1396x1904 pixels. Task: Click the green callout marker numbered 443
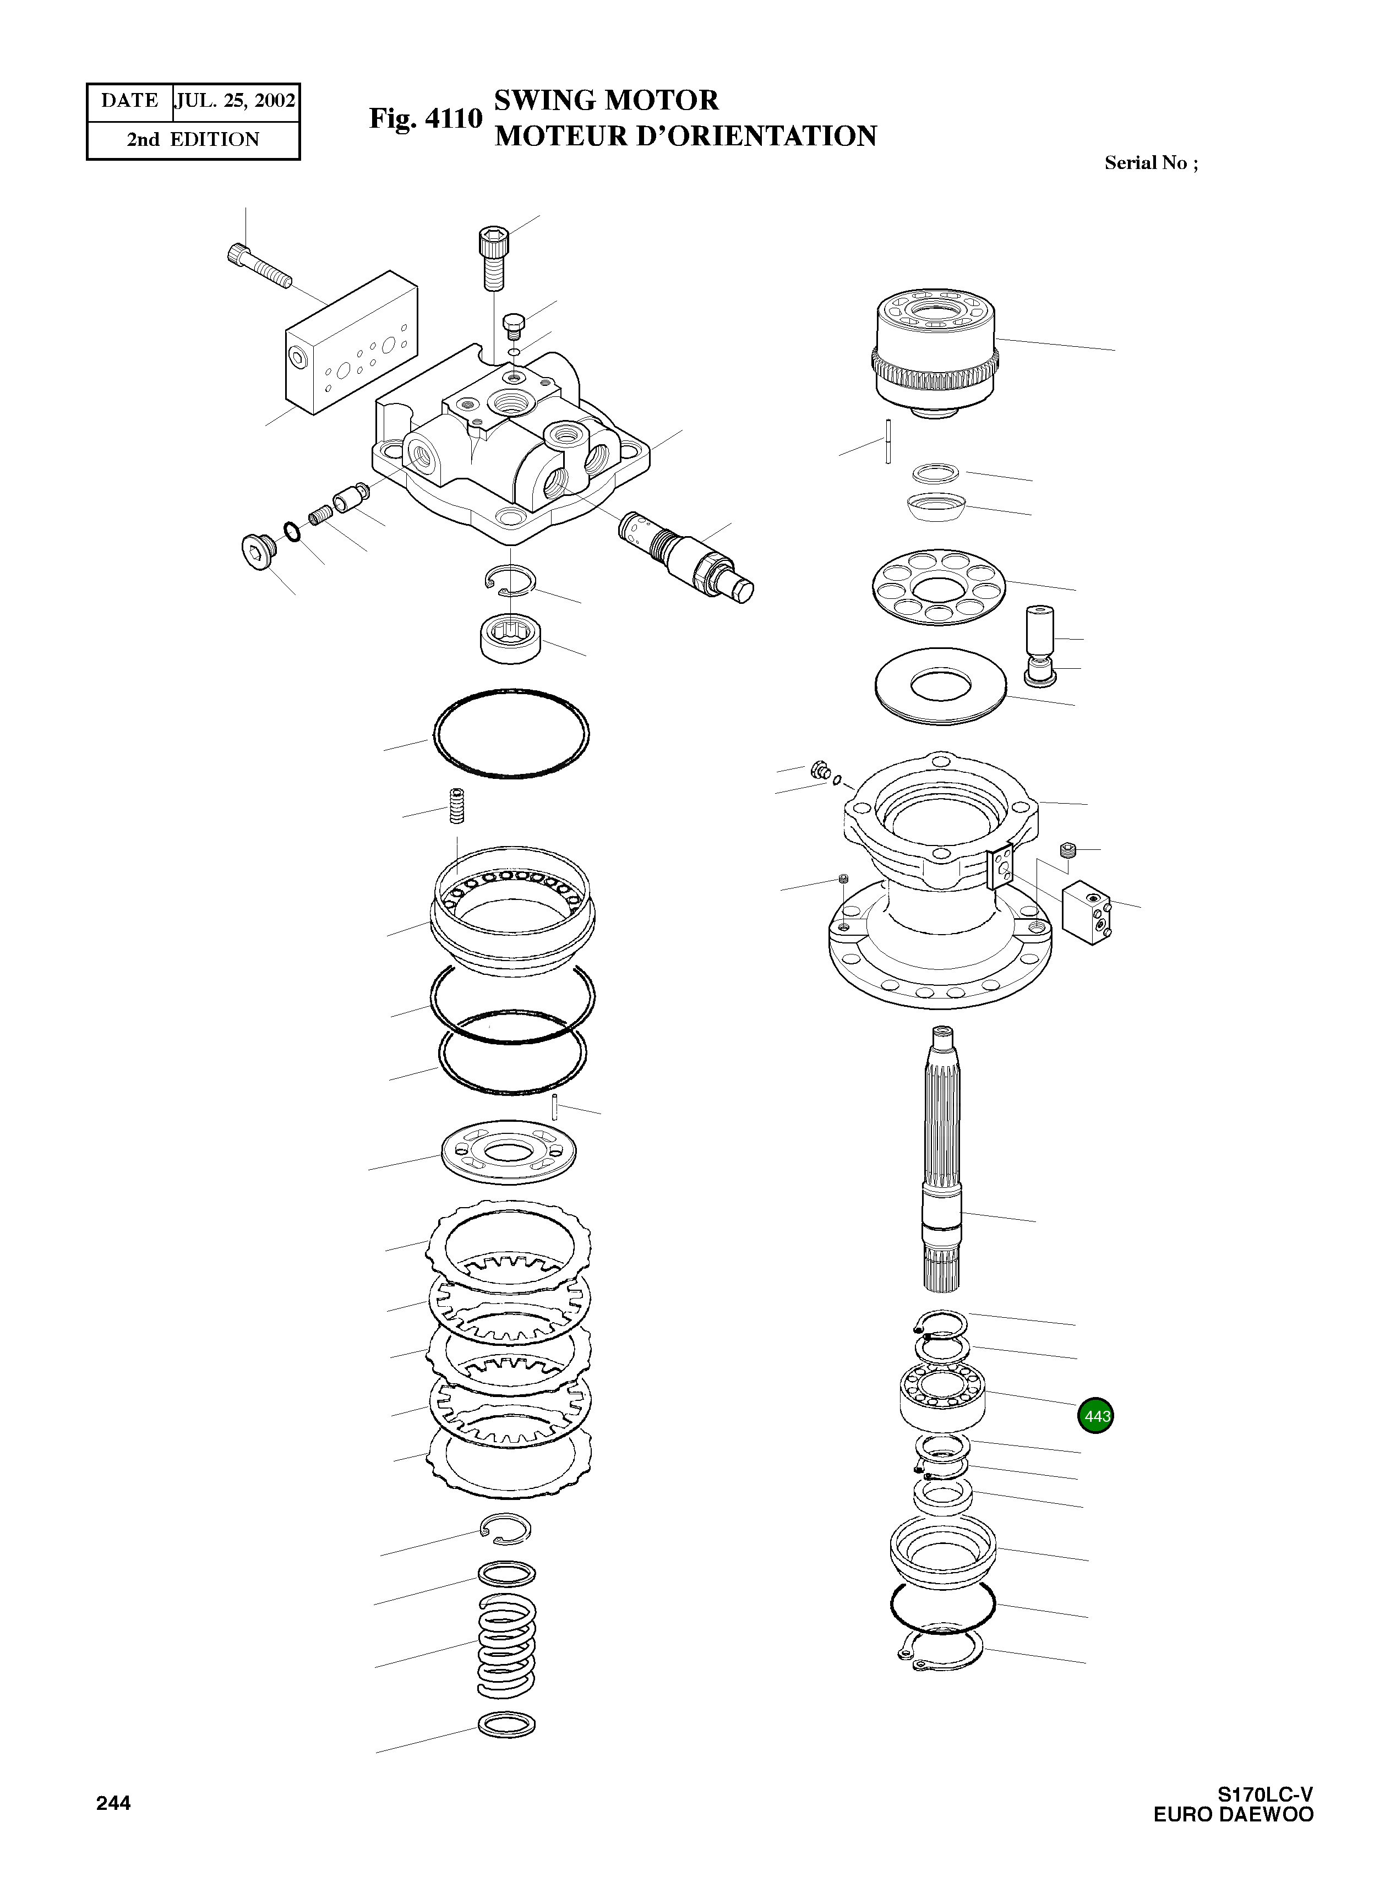pos(1096,1416)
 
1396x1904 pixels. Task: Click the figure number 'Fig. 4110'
pos(425,119)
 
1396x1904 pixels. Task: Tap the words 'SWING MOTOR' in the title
pos(606,101)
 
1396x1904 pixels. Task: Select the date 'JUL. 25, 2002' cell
pos(235,101)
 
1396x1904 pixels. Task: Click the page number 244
pos(113,1803)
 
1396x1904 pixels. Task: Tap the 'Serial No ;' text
pos(1151,163)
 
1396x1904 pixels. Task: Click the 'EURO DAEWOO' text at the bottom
pos(1233,1814)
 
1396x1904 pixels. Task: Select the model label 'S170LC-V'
pos(1264,1793)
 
